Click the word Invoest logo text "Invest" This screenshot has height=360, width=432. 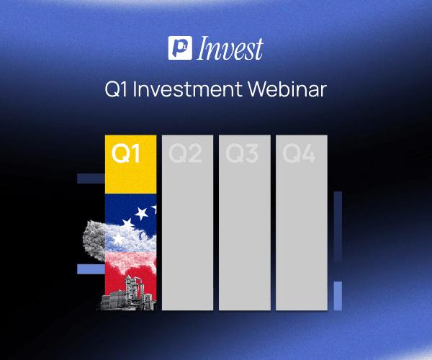click(230, 48)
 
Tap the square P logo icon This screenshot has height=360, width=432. click(178, 48)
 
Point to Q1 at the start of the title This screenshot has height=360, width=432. click(115, 91)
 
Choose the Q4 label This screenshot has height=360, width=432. click(300, 155)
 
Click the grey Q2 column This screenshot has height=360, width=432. click(187, 230)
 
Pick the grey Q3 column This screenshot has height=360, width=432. click(245, 230)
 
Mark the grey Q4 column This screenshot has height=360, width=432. click(302, 230)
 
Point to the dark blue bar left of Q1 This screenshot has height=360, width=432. click(90, 178)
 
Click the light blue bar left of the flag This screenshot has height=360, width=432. click(90, 269)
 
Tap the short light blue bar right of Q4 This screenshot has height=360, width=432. click(338, 295)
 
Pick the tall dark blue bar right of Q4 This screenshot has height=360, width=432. click(338, 227)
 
